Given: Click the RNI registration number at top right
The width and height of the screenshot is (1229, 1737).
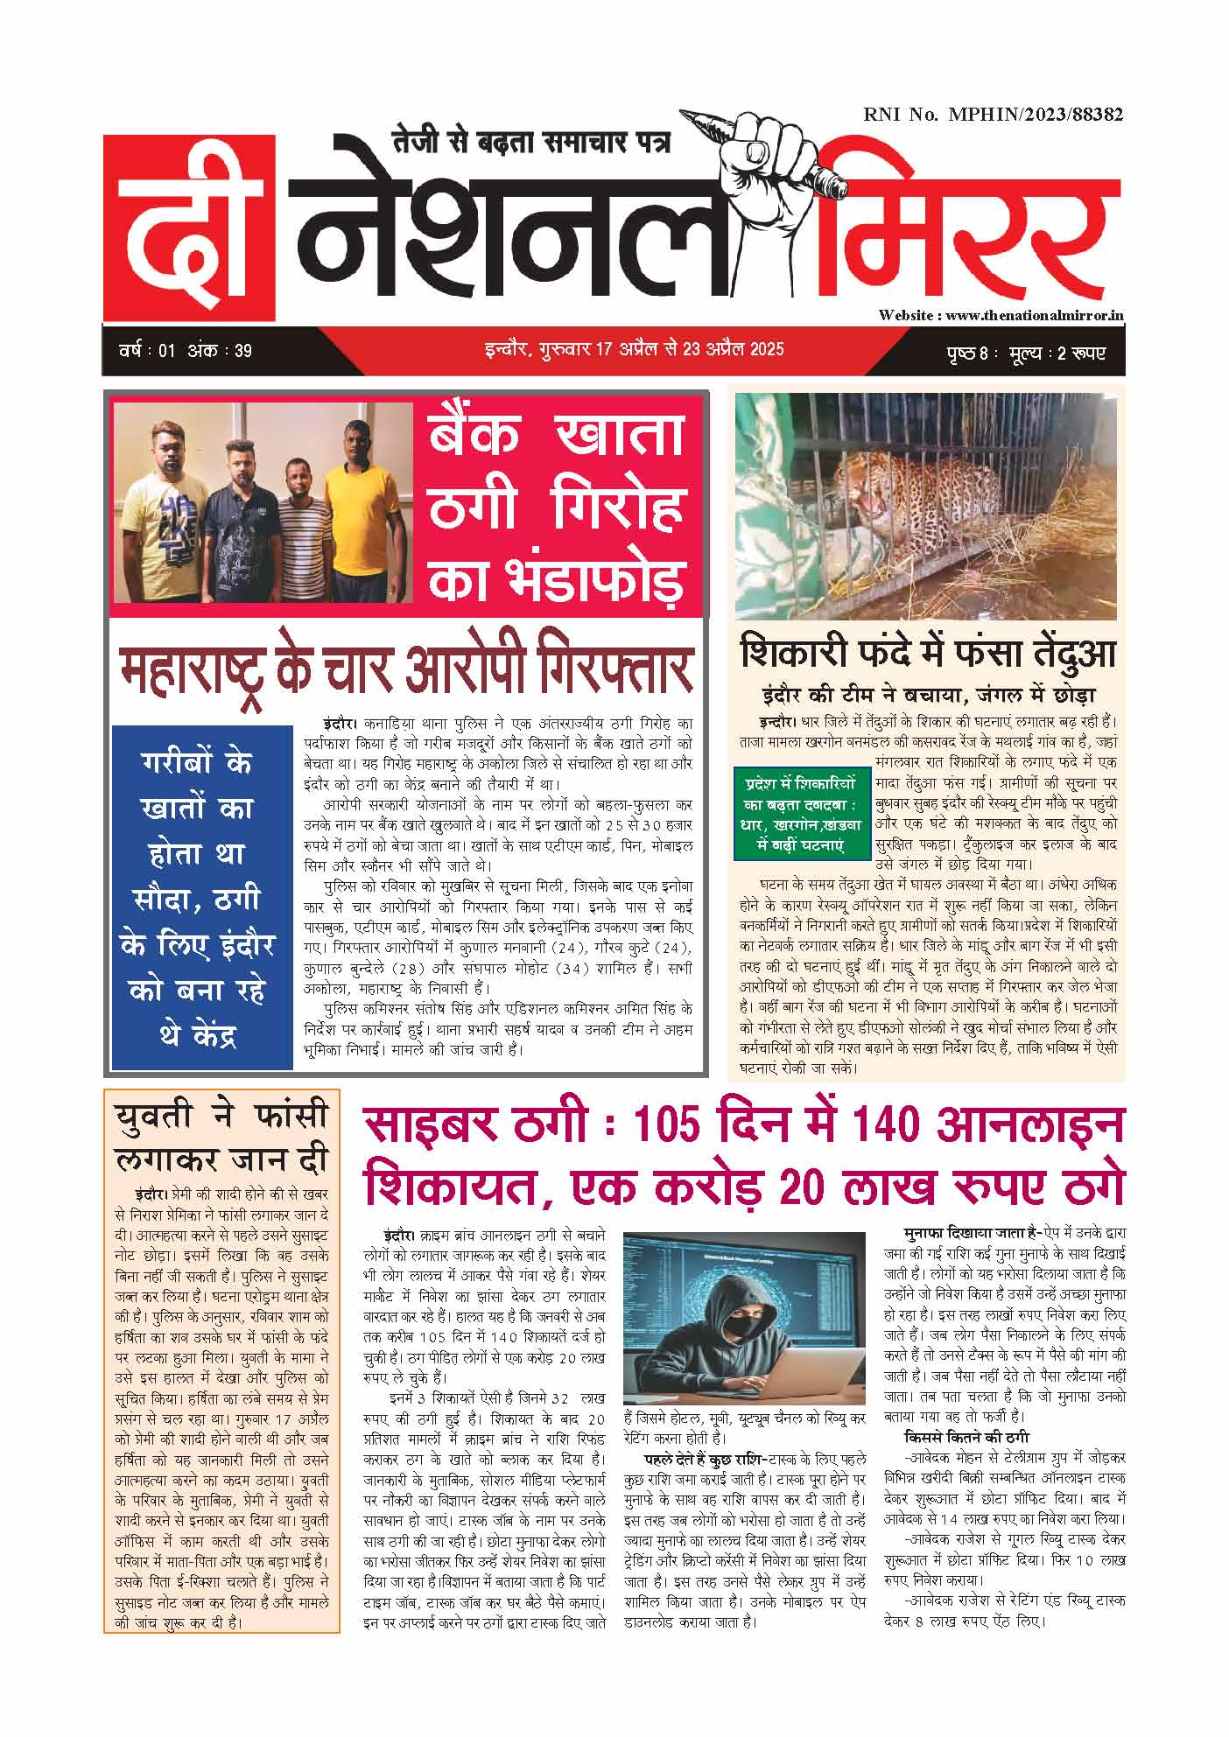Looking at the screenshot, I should coord(993,114).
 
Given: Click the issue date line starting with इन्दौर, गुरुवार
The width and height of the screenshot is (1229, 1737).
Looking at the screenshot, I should coord(634,349).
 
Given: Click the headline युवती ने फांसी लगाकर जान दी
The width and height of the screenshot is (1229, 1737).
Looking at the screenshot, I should coord(221,1138).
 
